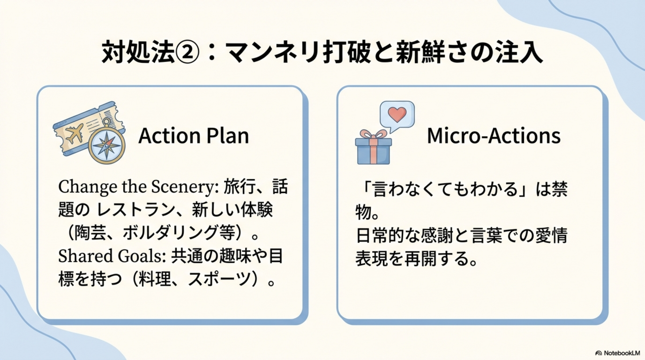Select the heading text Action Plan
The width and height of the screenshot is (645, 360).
(x=193, y=136)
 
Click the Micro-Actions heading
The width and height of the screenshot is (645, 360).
(x=493, y=136)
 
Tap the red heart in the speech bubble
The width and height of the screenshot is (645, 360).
(x=397, y=114)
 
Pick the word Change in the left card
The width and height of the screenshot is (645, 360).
(x=88, y=187)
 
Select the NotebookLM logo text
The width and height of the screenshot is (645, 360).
(x=621, y=353)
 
